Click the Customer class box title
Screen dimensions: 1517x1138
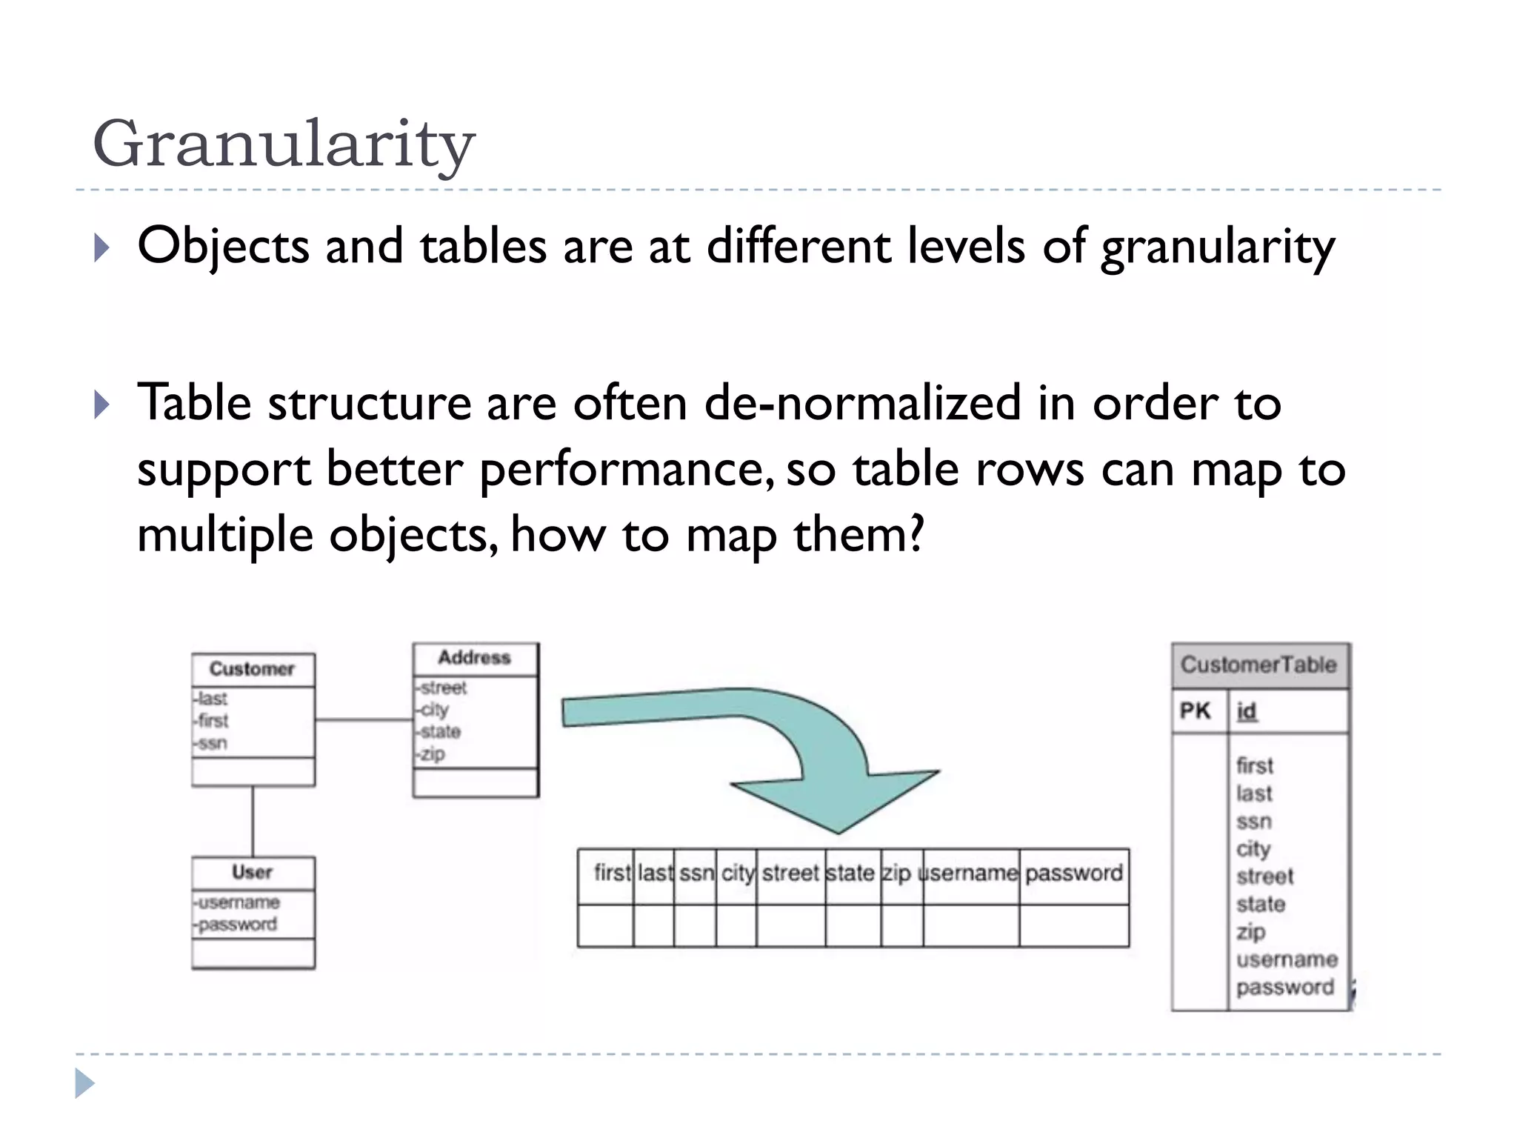pyautogui.click(x=252, y=669)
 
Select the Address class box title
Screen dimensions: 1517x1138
pyautogui.click(x=474, y=658)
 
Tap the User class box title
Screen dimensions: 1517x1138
pyautogui.click(x=252, y=872)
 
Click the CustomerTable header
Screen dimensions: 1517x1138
pyautogui.click(x=1258, y=665)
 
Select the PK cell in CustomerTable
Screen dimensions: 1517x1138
pyautogui.click(x=1195, y=711)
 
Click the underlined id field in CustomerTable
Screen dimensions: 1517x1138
pyautogui.click(x=1247, y=711)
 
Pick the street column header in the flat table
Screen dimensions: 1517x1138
pyautogui.click(x=790, y=874)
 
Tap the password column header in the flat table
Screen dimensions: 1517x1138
pyautogui.click(x=1074, y=874)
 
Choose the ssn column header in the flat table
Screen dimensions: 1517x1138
pyautogui.click(x=696, y=874)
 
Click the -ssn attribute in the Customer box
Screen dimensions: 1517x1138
pyautogui.click(x=212, y=743)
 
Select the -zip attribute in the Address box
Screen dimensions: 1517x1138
pyautogui.click(x=431, y=754)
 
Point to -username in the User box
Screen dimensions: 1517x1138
pyautogui.click(x=237, y=902)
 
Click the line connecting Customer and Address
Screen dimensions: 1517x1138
pyautogui.click(x=363, y=719)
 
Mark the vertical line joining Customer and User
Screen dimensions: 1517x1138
pyautogui.click(x=253, y=821)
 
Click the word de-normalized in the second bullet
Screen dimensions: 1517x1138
pyautogui.click(x=862, y=403)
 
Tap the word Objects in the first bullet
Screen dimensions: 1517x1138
pyautogui.click(x=223, y=246)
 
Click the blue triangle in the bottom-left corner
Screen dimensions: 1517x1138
pyautogui.click(x=84, y=1084)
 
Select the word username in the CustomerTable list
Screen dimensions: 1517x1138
pyautogui.click(x=1287, y=959)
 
